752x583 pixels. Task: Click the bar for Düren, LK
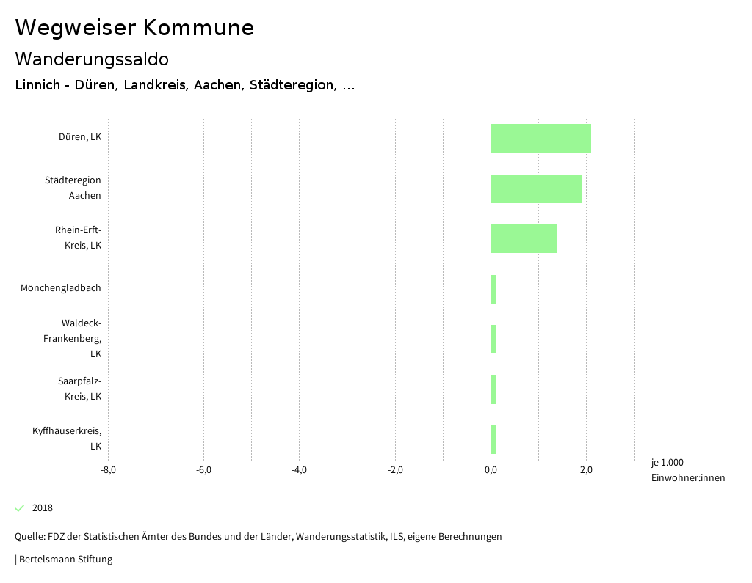pyautogui.click(x=540, y=138)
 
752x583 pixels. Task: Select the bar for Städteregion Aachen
pyautogui.click(x=536, y=188)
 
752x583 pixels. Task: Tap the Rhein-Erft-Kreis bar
pyautogui.click(x=524, y=238)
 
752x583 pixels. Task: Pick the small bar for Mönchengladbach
pyautogui.click(x=493, y=289)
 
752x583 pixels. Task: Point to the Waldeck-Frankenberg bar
pyautogui.click(x=493, y=339)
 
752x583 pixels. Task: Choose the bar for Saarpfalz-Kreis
pyautogui.click(x=493, y=389)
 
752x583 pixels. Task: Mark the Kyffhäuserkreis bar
pyautogui.click(x=493, y=439)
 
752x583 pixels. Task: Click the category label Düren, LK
pyautogui.click(x=80, y=137)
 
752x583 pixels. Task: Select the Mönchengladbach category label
pyautogui.click(x=61, y=288)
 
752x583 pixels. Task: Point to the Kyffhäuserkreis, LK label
pyautogui.click(x=67, y=439)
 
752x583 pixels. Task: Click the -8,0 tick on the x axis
pyautogui.click(x=108, y=470)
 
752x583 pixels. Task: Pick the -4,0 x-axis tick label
pyautogui.click(x=299, y=470)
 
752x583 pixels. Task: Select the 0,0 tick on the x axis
pyautogui.click(x=491, y=470)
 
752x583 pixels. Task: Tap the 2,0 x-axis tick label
pyautogui.click(x=586, y=470)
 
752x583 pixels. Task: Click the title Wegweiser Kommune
pyautogui.click(x=134, y=28)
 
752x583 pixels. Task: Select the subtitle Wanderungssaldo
pyautogui.click(x=92, y=59)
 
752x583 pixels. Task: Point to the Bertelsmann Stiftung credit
pyautogui.click(x=65, y=560)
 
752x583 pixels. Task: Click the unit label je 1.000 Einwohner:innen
pyautogui.click(x=687, y=470)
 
